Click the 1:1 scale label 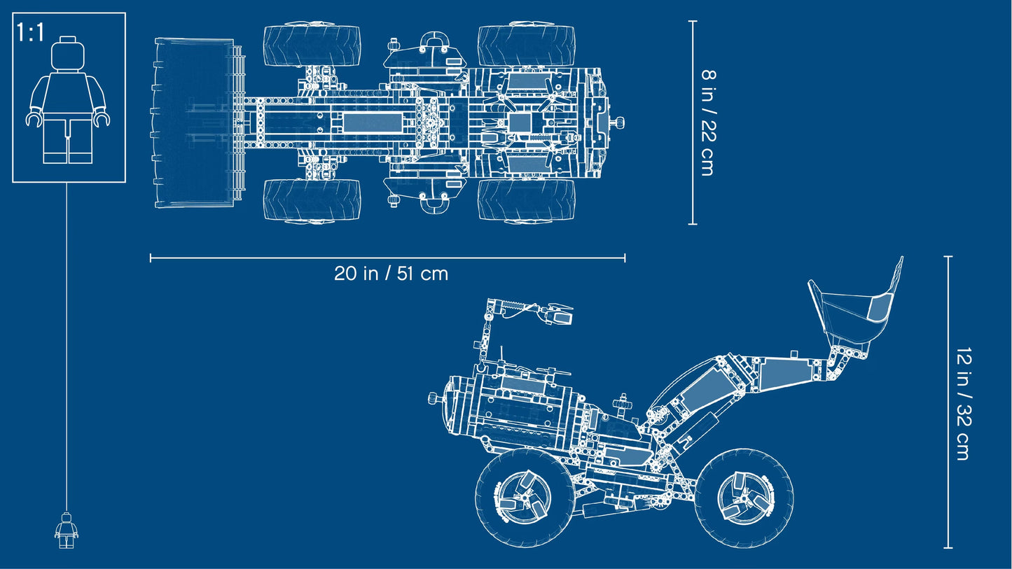point(30,32)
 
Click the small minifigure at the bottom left point(67,531)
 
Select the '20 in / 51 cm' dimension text point(391,274)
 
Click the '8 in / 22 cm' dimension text point(708,122)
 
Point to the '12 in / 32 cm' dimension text point(963,404)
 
